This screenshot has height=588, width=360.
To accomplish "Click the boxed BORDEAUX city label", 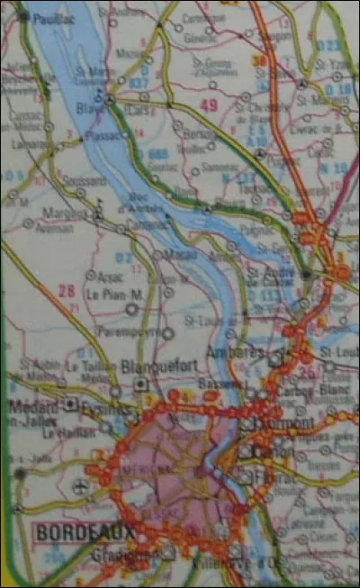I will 83,532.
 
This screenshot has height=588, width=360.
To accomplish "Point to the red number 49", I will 209,106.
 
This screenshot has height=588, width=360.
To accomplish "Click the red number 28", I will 66,290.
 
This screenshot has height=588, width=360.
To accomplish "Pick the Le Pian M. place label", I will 114,294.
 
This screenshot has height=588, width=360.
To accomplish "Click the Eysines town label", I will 98,407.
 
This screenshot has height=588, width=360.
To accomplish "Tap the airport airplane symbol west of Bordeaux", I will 84,486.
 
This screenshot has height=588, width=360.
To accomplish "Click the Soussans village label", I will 85,180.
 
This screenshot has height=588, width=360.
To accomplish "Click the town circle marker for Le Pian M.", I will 132,308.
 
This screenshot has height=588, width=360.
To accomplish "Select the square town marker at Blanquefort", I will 141,384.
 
